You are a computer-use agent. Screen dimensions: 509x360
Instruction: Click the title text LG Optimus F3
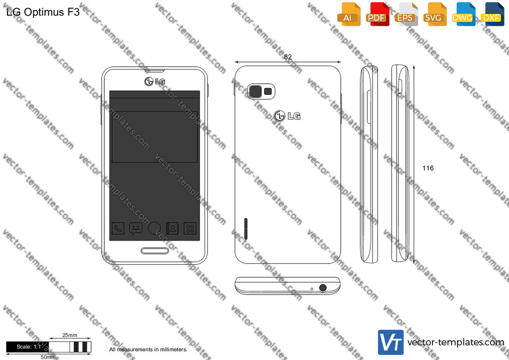[43, 12]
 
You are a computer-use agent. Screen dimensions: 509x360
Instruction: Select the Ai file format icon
[349, 14]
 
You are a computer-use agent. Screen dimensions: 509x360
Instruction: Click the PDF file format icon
[377, 14]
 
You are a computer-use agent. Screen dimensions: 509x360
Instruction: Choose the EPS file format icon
[406, 14]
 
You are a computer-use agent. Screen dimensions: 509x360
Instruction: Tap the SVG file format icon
[434, 14]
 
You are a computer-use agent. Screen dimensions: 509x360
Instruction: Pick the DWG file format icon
[464, 14]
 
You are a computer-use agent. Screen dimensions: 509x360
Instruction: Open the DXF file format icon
[492, 14]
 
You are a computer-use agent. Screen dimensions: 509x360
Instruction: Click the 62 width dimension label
[288, 57]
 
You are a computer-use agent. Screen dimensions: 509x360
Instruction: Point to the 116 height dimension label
[428, 168]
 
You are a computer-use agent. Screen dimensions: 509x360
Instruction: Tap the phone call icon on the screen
[118, 228]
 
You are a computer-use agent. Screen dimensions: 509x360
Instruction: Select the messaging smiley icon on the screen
[136, 228]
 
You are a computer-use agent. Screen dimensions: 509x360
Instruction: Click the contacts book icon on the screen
[172, 228]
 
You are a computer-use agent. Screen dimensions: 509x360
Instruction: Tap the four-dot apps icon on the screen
[190, 228]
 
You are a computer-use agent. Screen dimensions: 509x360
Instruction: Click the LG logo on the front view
[155, 81]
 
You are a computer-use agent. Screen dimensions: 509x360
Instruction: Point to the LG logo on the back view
[287, 115]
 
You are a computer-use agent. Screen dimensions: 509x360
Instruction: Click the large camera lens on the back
[256, 91]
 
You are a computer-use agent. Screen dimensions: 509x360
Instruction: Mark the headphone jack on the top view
[323, 287]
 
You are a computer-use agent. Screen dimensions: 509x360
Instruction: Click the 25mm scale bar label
[70, 335]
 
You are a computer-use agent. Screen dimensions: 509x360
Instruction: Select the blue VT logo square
[391, 342]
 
